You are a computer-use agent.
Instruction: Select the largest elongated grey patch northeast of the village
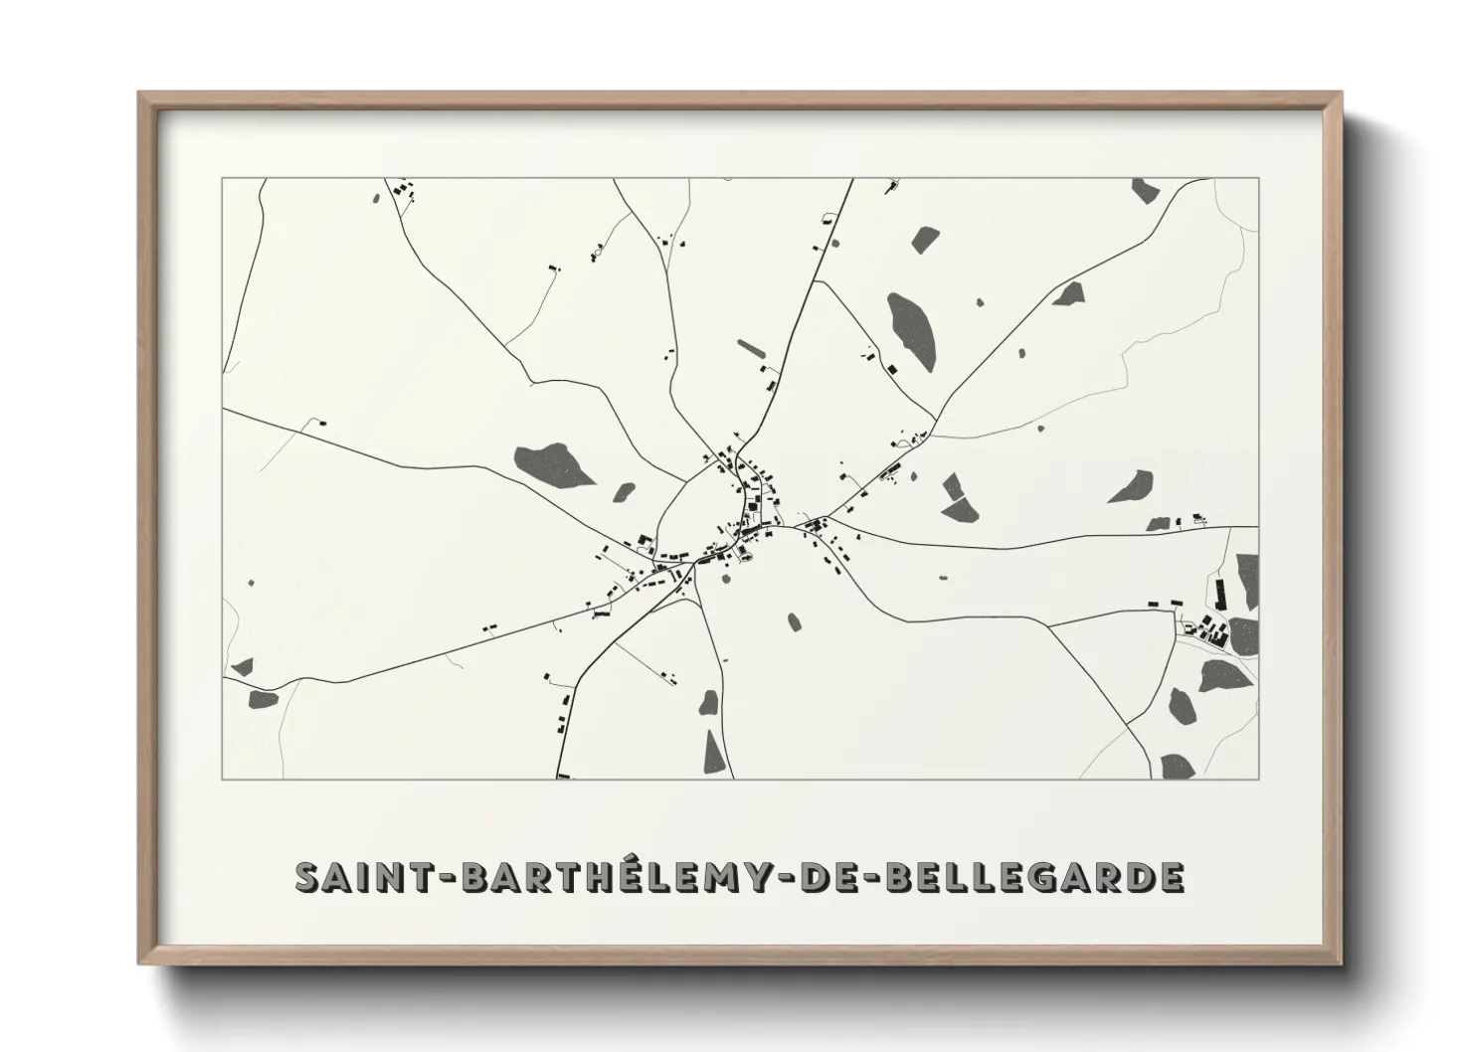[x=912, y=331]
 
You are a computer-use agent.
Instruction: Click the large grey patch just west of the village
[x=553, y=464]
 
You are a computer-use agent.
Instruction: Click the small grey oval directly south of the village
[x=794, y=622]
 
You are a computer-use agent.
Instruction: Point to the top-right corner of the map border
[x=1258, y=178]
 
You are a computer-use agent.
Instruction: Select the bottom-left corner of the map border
[x=222, y=779]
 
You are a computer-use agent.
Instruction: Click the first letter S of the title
[x=307, y=878]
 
